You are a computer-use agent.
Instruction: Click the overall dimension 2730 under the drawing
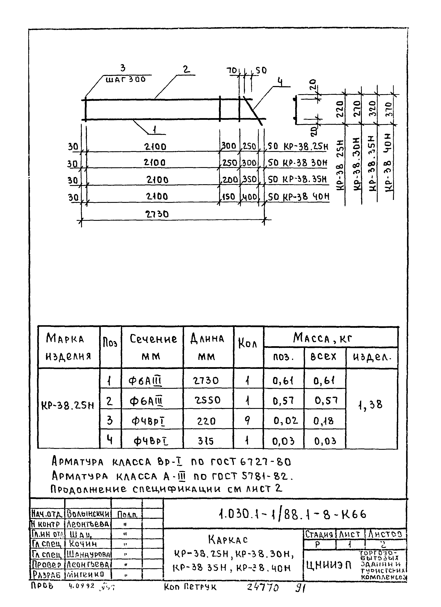click(x=157, y=214)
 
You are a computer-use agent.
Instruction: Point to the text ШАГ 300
click(x=126, y=80)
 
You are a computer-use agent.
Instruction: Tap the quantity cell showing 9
click(x=248, y=421)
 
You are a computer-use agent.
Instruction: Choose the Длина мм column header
click(x=207, y=347)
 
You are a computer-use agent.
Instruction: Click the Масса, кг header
click(x=322, y=338)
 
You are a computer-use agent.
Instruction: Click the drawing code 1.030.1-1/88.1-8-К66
click(x=292, y=514)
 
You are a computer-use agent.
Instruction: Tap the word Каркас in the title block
click(x=228, y=540)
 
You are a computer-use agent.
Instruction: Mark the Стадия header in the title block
click(x=319, y=534)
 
